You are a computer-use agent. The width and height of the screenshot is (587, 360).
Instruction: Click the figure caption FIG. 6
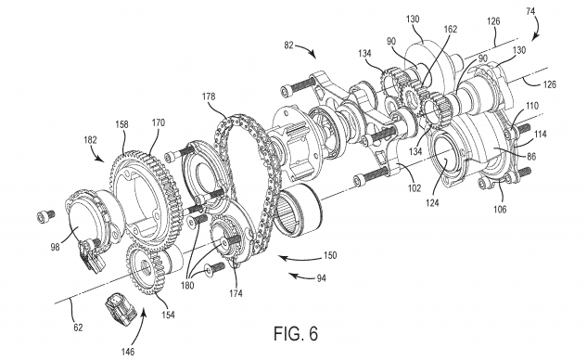(x=296, y=333)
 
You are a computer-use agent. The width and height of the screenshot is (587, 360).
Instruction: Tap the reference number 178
(x=209, y=96)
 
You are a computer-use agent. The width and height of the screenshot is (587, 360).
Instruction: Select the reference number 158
(x=122, y=124)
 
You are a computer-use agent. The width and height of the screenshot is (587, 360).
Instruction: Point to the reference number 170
(x=159, y=122)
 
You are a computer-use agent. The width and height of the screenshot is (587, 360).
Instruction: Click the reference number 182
(x=90, y=140)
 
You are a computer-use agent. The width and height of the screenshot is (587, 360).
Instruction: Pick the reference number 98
(x=55, y=247)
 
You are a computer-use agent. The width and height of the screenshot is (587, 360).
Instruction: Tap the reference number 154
(x=168, y=315)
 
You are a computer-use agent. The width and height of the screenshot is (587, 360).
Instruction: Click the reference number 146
(x=128, y=352)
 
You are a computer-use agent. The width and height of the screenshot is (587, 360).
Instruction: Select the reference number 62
(x=78, y=328)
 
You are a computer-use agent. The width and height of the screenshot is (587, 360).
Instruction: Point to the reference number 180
(x=187, y=286)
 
